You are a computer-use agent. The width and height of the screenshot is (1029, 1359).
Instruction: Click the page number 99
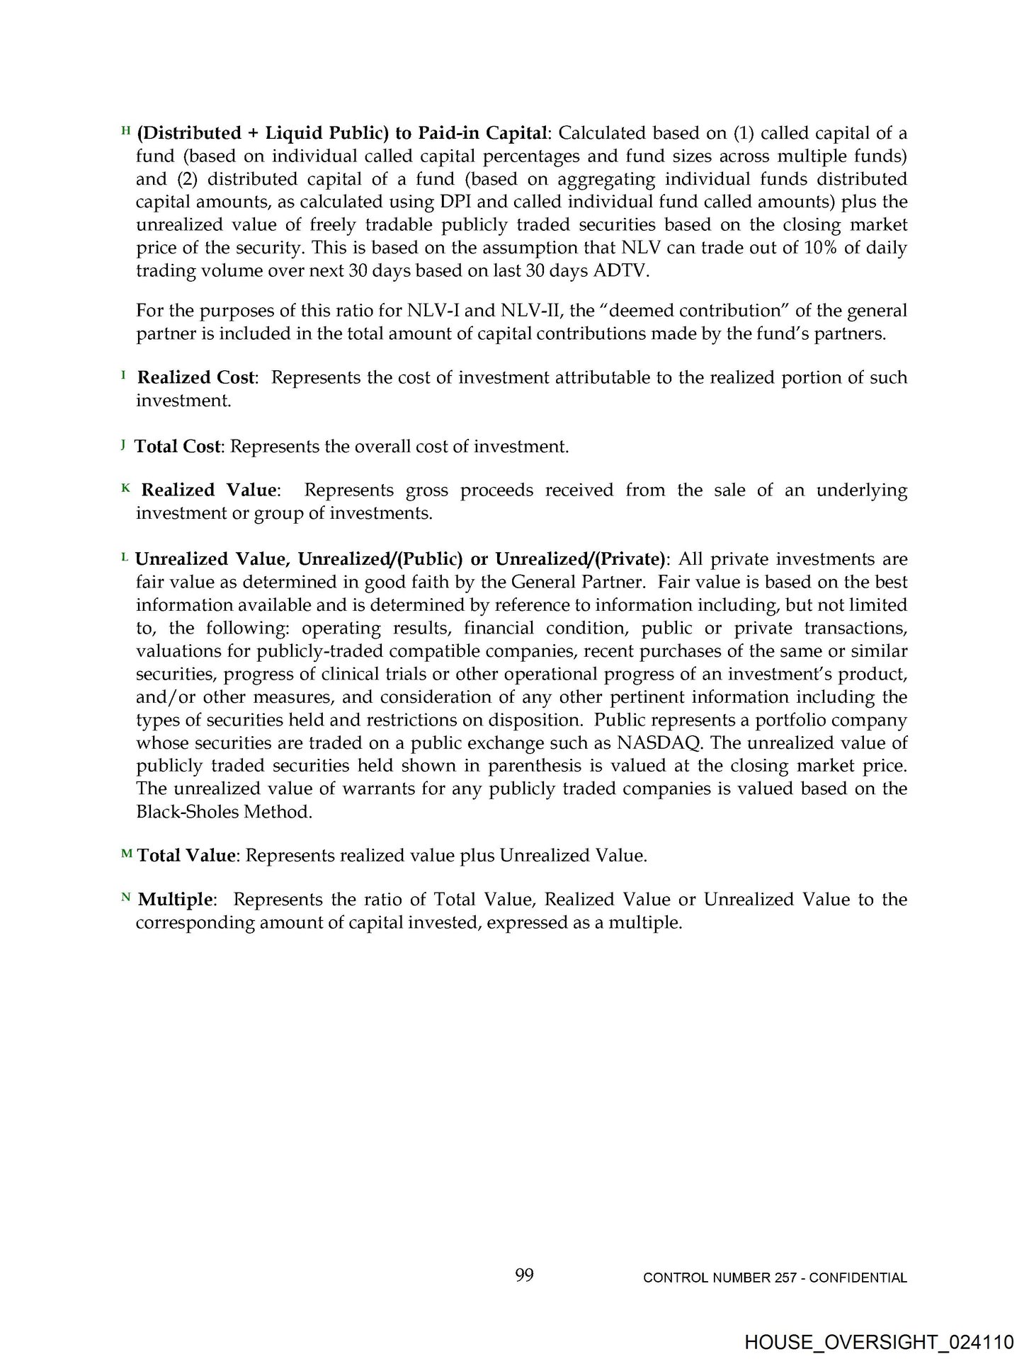pos(524,1275)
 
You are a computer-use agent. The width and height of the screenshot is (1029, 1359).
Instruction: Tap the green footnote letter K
pos(126,487)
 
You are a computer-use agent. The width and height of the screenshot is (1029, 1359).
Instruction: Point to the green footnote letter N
pos(126,897)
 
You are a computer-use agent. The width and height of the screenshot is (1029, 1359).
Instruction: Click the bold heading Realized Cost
pos(195,378)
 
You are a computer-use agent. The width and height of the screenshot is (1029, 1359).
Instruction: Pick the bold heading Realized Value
pos(209,490)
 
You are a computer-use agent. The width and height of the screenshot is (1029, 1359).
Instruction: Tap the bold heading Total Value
pos(186,856)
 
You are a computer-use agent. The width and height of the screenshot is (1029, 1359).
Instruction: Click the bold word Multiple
pos(175,900)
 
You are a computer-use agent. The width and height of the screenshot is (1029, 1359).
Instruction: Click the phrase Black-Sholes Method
pos(224,812)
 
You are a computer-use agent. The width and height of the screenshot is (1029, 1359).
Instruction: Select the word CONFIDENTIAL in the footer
pos(858,1278)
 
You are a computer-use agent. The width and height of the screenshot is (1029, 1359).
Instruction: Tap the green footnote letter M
pos(127,854)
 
